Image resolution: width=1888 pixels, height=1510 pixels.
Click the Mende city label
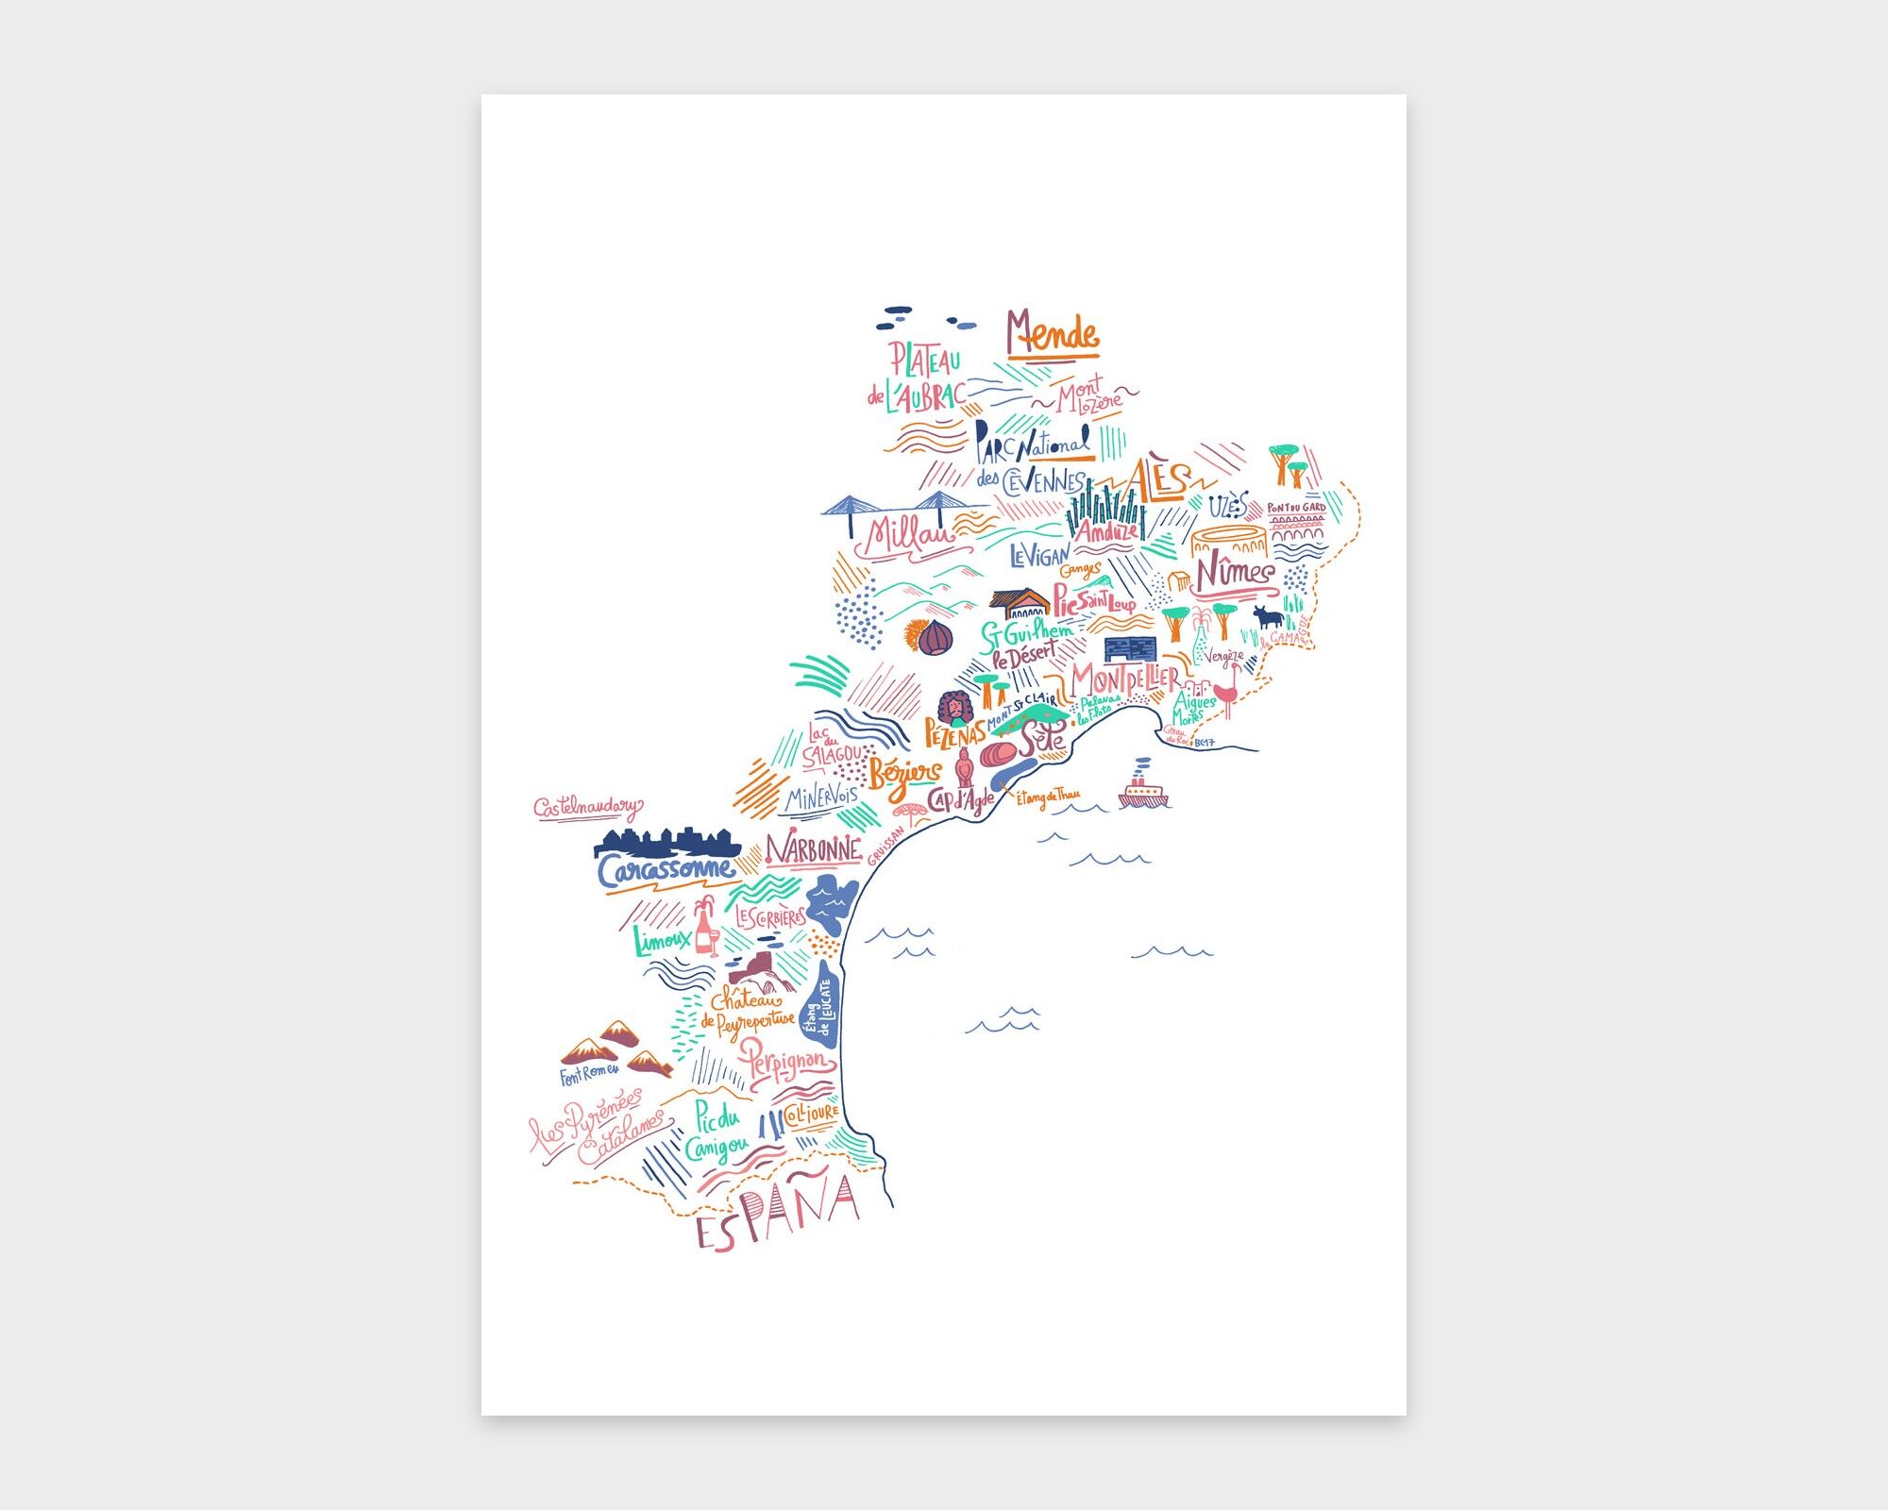(1052, 334)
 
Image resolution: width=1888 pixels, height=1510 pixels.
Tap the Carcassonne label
(666, 869)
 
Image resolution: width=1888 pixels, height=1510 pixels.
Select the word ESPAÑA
(777, 1214)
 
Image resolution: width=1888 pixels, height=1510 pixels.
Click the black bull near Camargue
(1268, 618)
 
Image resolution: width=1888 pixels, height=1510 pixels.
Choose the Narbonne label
(813, 850)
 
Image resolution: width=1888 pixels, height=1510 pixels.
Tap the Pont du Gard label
(1296, 508)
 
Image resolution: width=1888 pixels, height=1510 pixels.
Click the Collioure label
(811, 1115)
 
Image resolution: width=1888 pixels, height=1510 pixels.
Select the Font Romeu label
(589, 1074)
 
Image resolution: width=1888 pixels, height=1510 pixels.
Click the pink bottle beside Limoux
(704, 929)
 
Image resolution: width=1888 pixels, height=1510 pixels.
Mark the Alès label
(1157, 480)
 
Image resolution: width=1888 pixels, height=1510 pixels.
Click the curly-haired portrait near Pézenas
(953, 707)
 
